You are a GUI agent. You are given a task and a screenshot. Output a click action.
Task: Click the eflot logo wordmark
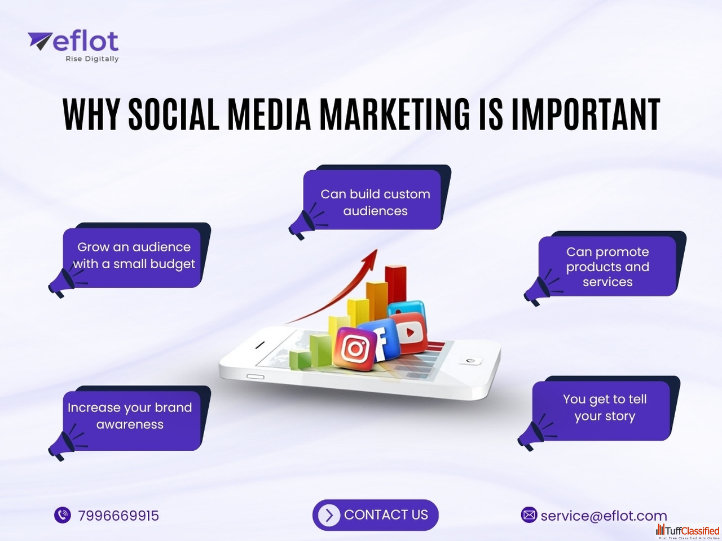(73, 41)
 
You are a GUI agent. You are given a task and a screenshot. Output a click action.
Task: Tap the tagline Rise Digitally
(92, 59)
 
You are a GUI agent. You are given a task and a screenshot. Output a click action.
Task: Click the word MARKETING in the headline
(394, 114)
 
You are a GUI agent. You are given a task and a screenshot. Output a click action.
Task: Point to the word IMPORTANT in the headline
(586, 114)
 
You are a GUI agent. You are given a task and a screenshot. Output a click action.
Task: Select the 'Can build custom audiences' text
(375, 202)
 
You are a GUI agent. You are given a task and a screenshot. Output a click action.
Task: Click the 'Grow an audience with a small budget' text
(134, 255)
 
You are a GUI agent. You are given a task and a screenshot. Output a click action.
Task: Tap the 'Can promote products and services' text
(607, 267)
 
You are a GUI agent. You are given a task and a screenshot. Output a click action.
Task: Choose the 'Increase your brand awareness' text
(130, 416)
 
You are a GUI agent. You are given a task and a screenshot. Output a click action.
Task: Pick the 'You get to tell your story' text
(605, 407)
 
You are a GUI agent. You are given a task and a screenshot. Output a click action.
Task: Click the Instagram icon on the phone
(355, 349)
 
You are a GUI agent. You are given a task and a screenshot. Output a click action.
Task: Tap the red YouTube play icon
(410, 333)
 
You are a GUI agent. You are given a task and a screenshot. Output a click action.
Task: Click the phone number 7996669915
(118, 516)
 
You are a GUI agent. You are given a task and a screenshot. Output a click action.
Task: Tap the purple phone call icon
(63, 515)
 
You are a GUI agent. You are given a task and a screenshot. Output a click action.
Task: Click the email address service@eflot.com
(604, 516)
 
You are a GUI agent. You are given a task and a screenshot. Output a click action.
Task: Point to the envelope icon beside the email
(529, 515)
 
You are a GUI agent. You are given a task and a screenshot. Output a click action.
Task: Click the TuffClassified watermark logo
(688, 531)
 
